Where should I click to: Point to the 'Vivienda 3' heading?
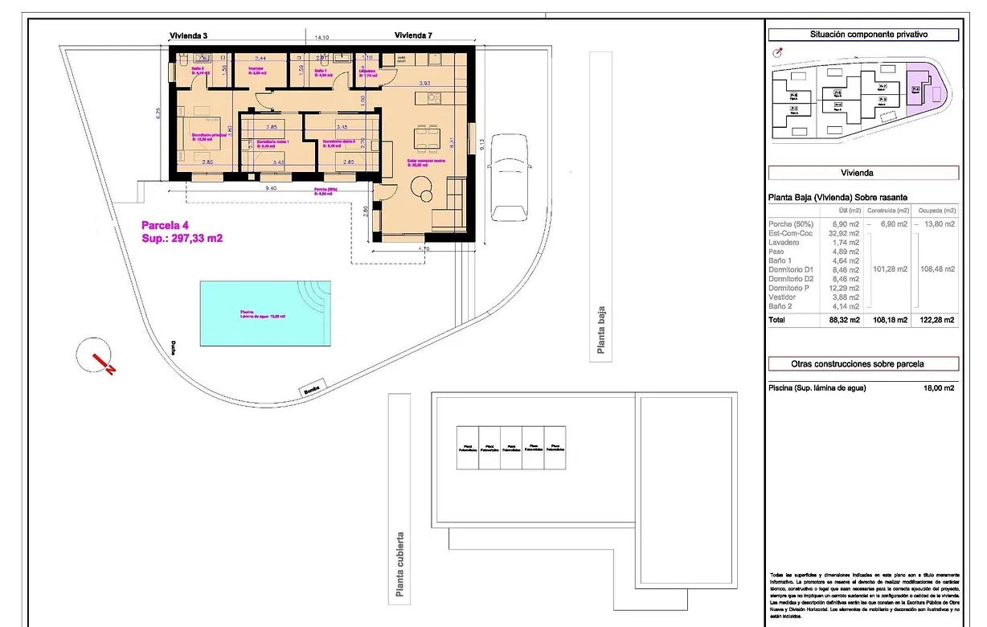189,35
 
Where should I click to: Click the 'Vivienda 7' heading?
414,35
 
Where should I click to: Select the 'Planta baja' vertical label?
600,330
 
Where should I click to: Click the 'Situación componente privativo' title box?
863,35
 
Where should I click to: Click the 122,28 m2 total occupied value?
939,320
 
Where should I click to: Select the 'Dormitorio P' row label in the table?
791,288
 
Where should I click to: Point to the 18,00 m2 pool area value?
939,388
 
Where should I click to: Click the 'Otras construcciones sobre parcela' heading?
863,363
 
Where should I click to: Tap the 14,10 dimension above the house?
321,37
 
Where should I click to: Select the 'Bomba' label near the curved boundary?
313,391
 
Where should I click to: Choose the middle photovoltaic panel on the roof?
510,448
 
